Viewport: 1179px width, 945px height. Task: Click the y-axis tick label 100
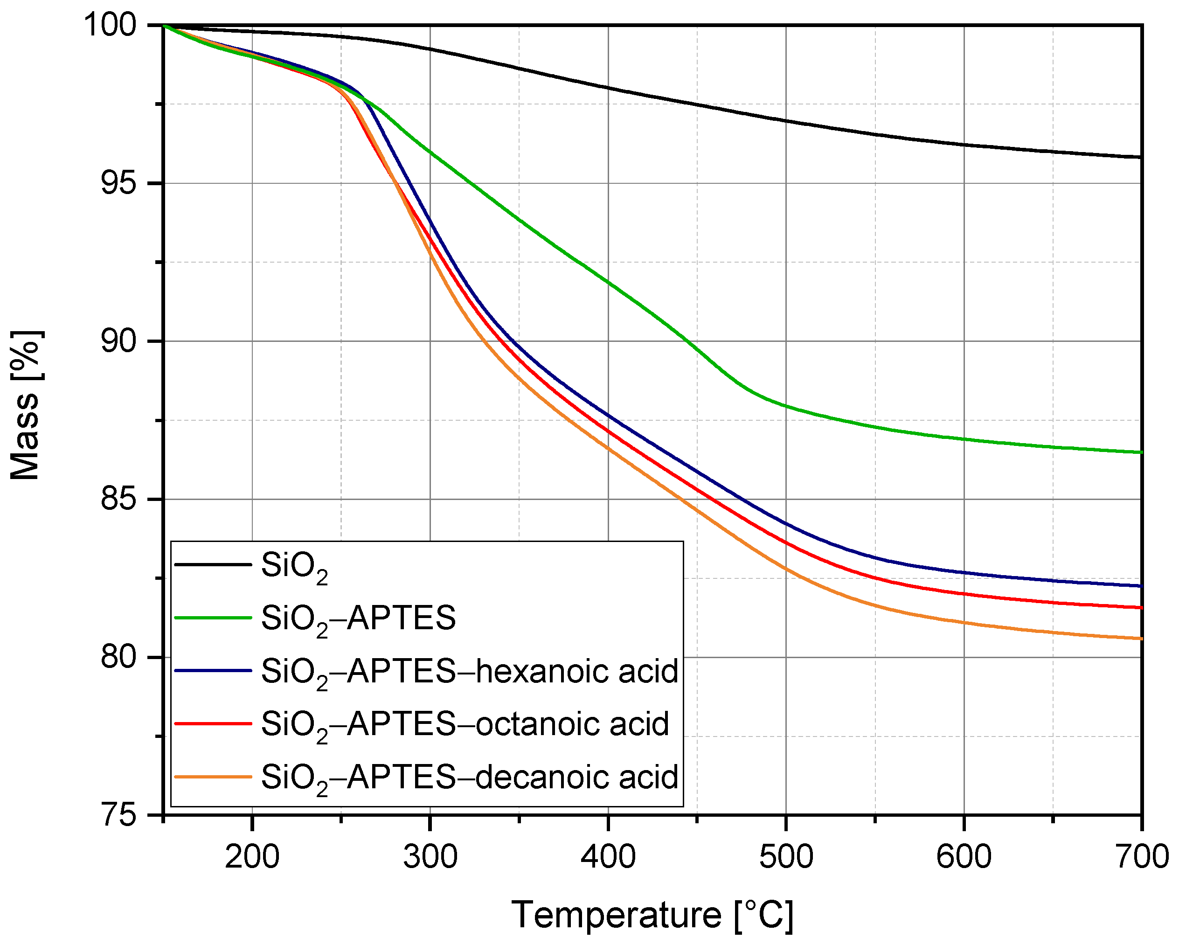[110, 25]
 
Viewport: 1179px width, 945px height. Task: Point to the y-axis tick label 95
[118, 183]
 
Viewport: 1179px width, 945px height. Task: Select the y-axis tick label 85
[118, 499]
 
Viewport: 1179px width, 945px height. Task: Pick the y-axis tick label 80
[118, 656]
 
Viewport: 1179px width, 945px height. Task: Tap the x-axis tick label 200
[252, 857]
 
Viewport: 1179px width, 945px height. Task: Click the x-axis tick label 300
[430, 857]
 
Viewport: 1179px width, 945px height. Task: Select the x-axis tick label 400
[608, 857]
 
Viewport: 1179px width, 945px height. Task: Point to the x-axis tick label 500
[786, 857]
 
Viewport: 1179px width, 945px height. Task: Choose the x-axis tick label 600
[964, 857]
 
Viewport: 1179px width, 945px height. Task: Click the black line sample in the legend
[213, 564]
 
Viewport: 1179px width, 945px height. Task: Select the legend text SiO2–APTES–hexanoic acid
[469, 672]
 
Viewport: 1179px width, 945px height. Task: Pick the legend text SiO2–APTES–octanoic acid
[465, 725]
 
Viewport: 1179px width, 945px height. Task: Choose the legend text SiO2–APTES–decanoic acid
[469, 777]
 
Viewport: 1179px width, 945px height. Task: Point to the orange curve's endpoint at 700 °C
[1141, 639]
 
